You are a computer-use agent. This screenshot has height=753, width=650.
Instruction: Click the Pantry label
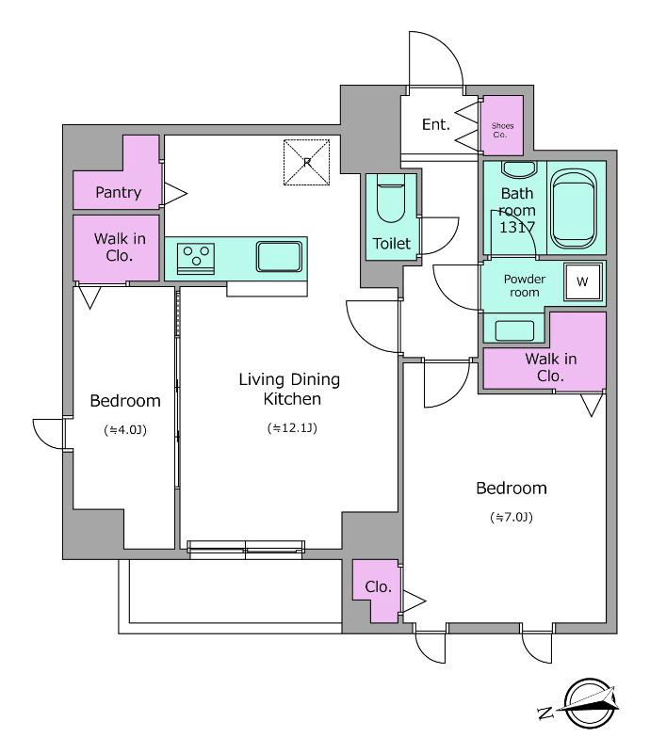tap(119, 193)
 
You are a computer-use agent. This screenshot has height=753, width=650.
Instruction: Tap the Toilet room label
tap(391, 244)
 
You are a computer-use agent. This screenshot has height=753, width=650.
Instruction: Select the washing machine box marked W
tap(582, 281)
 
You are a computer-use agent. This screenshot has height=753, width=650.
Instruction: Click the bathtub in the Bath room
tap(574, 208)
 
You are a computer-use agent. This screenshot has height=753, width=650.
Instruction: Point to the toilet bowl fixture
tap(391, 199)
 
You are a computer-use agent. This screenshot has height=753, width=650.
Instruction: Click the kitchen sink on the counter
tap(279, 256)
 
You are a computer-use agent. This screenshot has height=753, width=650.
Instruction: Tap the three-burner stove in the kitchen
tap(196, 258)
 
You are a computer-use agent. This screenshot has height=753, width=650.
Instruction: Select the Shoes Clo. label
tap(502, 130)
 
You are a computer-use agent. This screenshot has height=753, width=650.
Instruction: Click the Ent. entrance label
tap(436, 124)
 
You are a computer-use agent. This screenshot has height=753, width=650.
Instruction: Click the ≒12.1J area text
tap(292, 428)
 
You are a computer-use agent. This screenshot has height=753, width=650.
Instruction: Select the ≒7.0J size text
tap(512, 517)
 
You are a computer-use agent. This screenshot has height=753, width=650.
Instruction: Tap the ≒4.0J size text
tap(125, 430)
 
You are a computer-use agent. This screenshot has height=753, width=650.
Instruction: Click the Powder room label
tap(525, 286)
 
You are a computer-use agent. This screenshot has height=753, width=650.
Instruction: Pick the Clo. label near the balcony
tap(378, 586)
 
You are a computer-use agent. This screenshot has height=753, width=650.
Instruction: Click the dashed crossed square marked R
tap(307, 162)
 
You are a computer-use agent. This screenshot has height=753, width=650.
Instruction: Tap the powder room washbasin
tap(514, 331)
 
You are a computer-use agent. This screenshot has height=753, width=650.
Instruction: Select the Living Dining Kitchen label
tap(289, 389)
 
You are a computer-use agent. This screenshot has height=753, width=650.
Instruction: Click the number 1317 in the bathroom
tap(517, 227)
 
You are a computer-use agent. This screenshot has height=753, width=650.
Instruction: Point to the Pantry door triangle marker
tap(175, 194)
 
